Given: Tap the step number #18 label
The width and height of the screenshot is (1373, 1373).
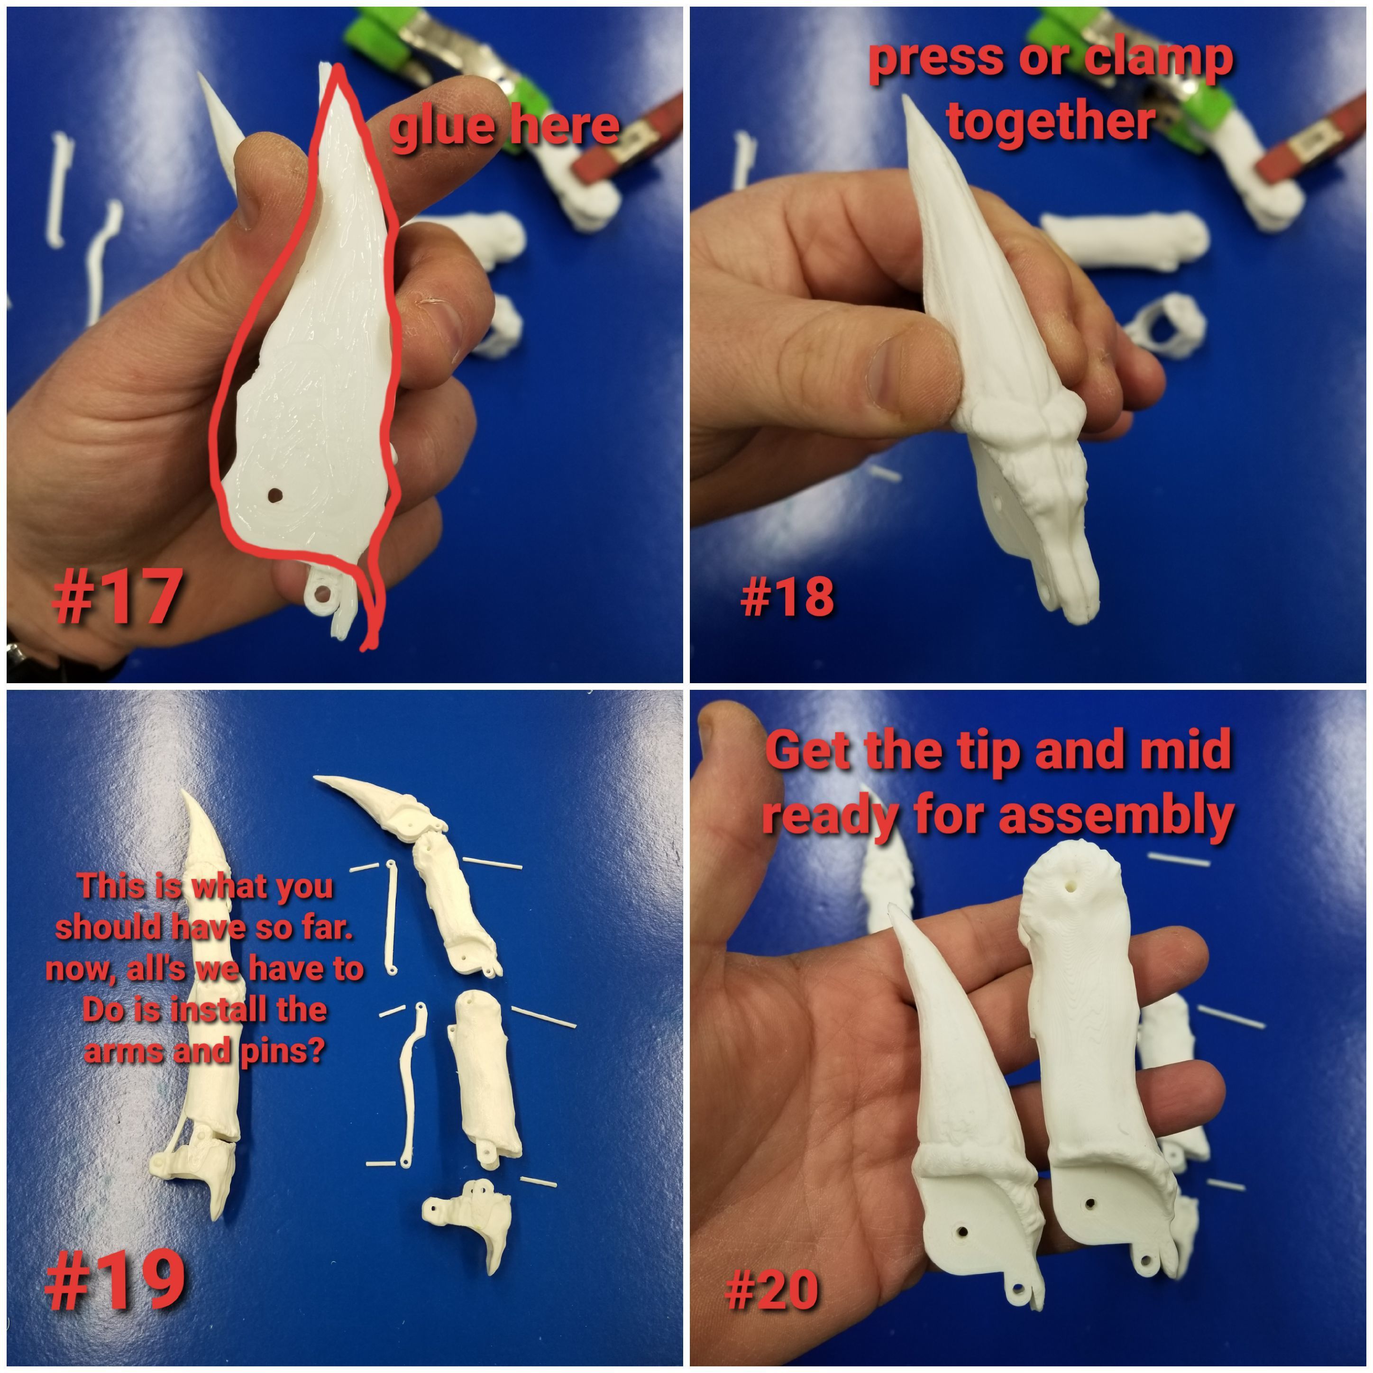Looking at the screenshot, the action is tap(787, 597).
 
